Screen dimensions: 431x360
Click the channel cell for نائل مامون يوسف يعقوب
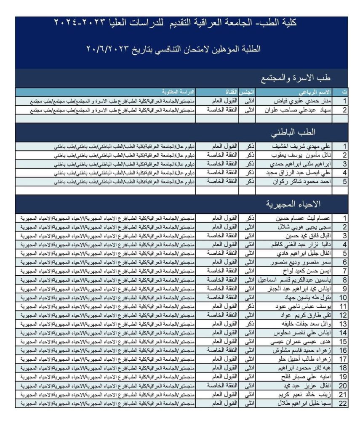tap(221, 155)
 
